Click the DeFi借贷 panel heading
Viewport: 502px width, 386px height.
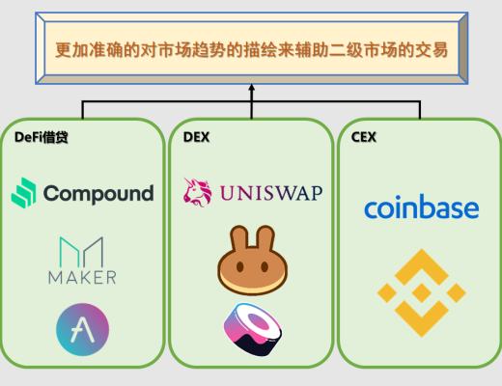click(41, 137)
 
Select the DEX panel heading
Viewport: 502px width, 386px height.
click(195, 137)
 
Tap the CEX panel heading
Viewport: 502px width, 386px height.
click(363, 137)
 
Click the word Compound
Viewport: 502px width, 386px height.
click(98, 193)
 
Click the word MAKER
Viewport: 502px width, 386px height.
click(82, 278)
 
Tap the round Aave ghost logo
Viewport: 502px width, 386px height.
click(82, 328)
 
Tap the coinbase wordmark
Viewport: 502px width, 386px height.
click(421, 207)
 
